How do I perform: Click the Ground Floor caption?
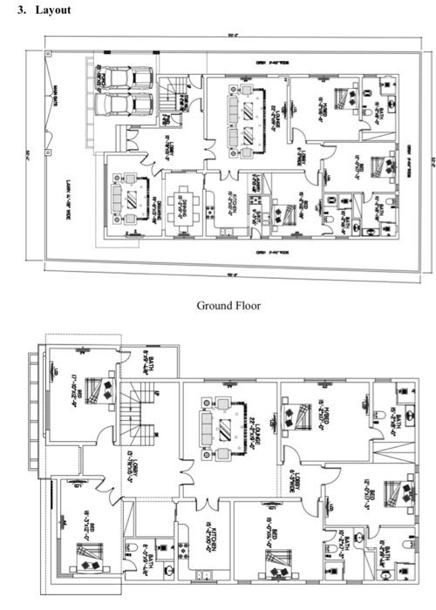[x=228, y=305]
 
